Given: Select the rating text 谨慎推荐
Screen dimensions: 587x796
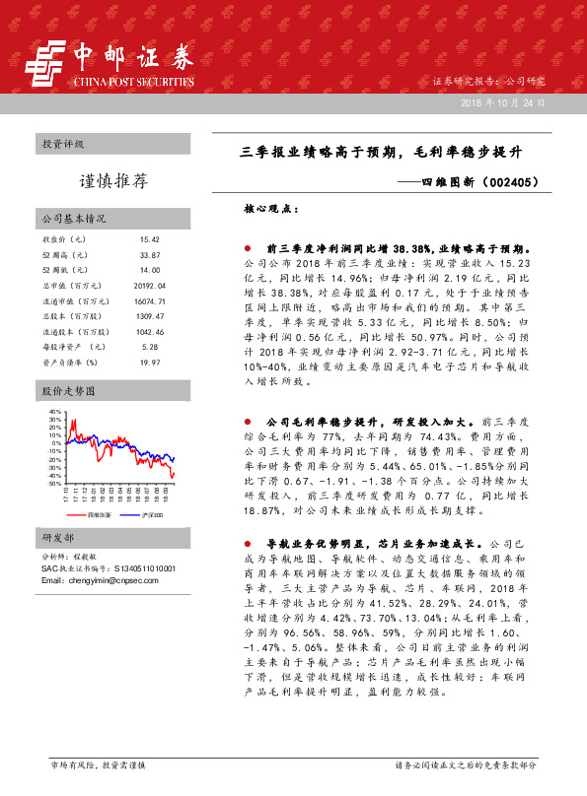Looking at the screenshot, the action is coord(113,181).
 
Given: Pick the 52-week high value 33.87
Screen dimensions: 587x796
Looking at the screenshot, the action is coord(150,255).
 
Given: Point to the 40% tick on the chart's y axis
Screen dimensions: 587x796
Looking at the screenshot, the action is coord(54,411).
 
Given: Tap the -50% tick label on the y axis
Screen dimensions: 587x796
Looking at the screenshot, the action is coord(53,484).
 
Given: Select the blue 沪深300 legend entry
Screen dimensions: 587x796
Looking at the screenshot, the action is coord(148,514).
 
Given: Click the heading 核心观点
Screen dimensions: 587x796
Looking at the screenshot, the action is coord(268,209).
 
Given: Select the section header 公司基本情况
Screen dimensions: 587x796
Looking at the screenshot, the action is coord(74,219).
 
